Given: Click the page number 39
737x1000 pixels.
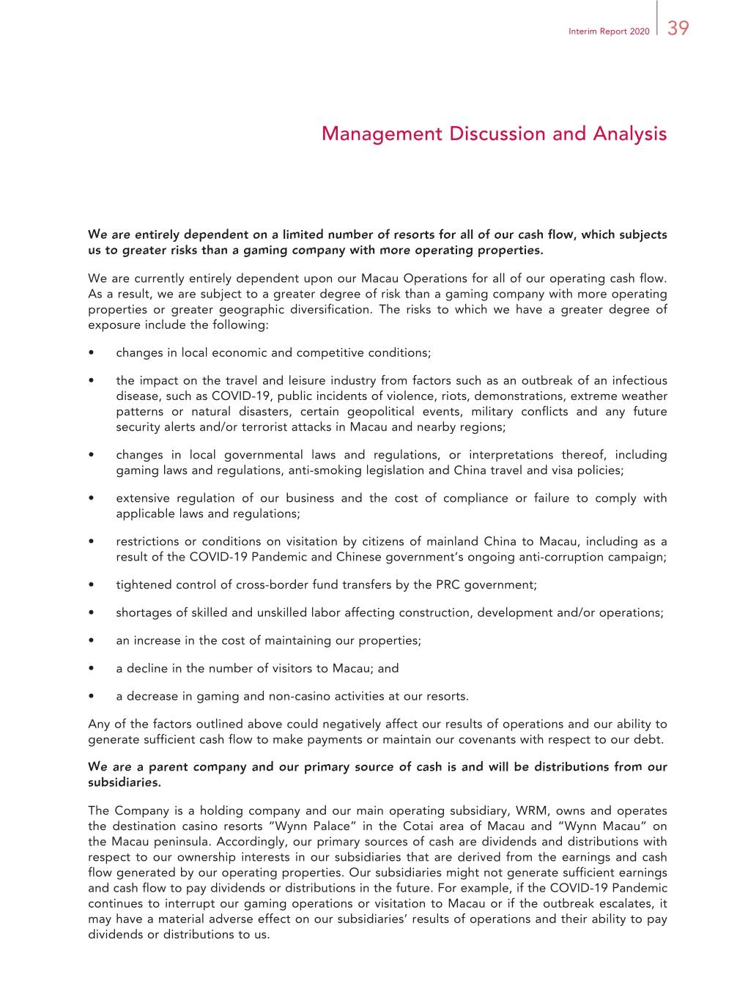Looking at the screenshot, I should [x=678, y=29].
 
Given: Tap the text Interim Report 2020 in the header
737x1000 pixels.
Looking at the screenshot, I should [x=608, y=32].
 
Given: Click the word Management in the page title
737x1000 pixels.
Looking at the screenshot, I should [x=382, y=134].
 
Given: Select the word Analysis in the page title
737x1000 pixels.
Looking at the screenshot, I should [x=629, y=134].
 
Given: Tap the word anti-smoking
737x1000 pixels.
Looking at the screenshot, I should [x=322, y=470].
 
